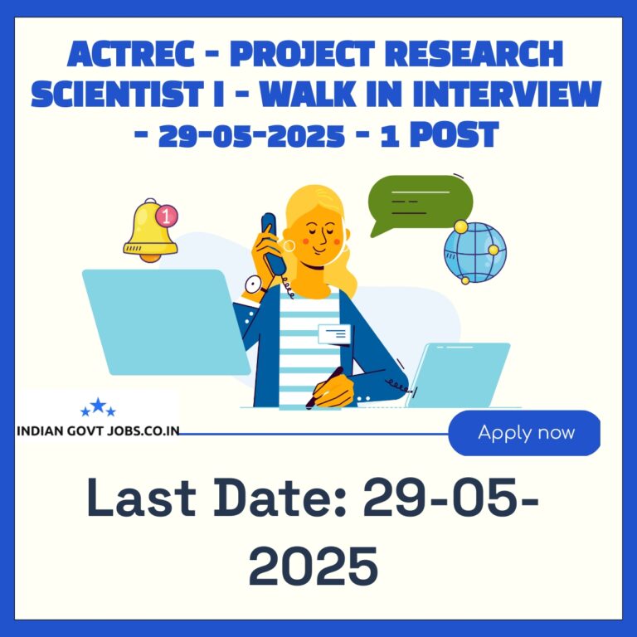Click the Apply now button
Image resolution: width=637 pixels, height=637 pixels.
pos(524,433)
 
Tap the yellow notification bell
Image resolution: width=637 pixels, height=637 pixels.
pos(149,231)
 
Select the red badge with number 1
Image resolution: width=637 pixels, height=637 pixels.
pos(167,216)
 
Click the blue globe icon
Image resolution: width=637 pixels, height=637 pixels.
pos(474,252)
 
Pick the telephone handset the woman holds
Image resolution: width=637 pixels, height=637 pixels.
pos(273,244)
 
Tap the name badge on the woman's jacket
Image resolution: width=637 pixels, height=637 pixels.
pos(334,334)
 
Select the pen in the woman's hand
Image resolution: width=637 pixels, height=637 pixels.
pos(323,387)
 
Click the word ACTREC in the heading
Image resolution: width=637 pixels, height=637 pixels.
pos(131,55)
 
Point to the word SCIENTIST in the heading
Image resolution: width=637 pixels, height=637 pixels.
pos(118,95)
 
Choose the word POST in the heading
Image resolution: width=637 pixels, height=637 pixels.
pos(454,134)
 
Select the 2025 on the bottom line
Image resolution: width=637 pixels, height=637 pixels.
pos(314,566)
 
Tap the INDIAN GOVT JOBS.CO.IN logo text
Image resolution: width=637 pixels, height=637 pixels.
pos(99,430)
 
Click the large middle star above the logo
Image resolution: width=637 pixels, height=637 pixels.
pos(98,405)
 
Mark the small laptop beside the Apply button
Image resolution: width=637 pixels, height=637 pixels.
pos(459,375)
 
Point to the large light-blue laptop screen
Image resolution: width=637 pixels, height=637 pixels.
pos(166,322)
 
